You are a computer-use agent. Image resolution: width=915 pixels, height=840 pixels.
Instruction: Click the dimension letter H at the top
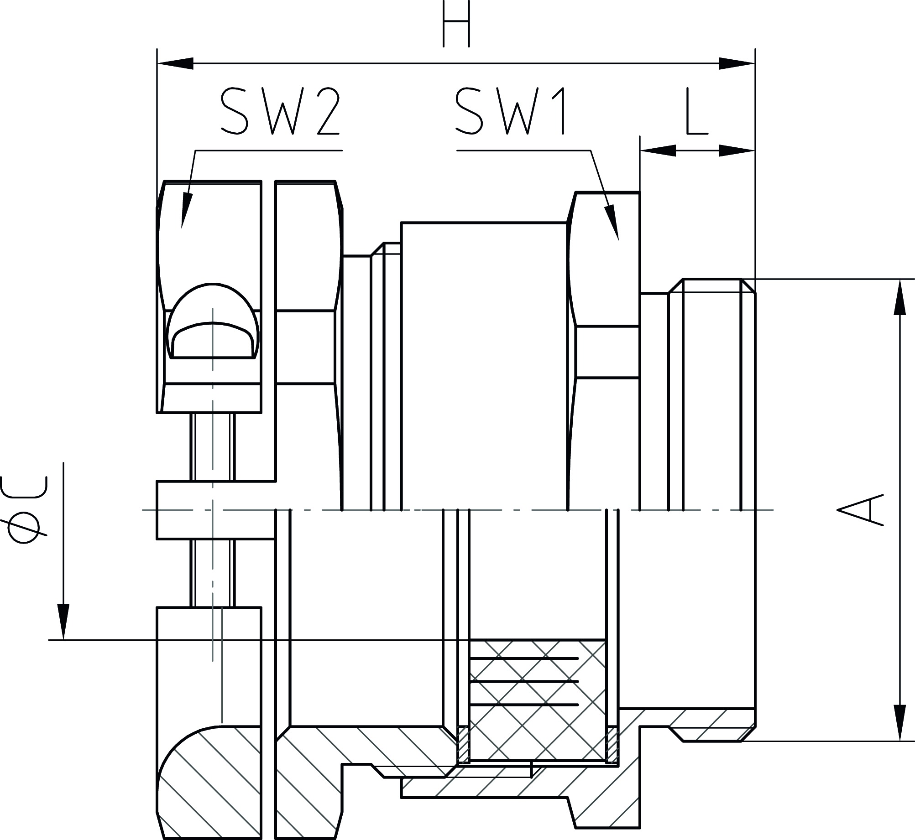(456, 24)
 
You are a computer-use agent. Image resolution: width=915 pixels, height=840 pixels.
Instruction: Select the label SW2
(279, 112)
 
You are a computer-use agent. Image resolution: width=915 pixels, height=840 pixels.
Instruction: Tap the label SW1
(510, 112)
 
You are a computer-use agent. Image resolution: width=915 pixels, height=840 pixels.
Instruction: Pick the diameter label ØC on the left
(25, 510)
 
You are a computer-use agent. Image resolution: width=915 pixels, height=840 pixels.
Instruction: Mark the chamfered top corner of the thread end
(748, 285)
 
